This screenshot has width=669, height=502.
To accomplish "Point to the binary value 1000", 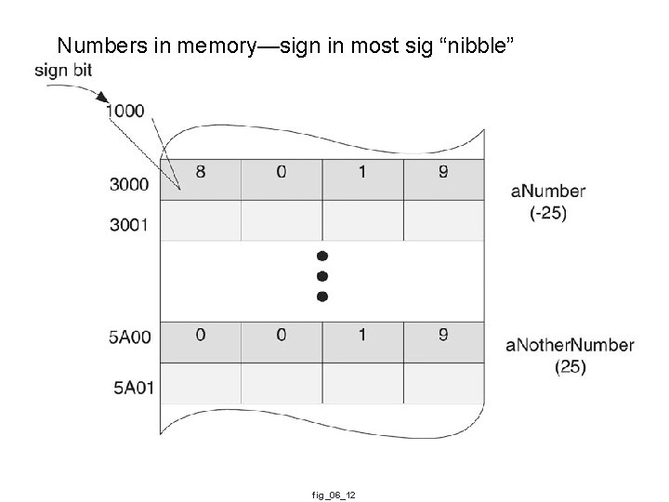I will click(x=125, y=111).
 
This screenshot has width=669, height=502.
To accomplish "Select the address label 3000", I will click(x=128, y=184).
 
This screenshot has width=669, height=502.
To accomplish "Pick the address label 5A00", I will click(x=128, y=338).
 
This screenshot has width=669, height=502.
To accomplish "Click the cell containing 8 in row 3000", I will click(x=200, y=172).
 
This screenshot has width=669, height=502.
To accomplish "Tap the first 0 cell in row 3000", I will click(x=282, y=172).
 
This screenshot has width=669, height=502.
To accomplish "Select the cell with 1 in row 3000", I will click(x=362, y=172).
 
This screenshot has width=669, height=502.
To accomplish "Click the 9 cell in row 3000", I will click(x=443, y=172).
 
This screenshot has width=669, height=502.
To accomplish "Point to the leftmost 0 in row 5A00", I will click(x=200, y=336).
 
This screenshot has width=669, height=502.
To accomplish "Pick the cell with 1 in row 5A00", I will click(x=362, y=336).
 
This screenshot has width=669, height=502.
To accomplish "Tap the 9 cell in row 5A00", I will click(x=443, y=336).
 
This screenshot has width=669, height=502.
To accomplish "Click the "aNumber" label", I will click(x=548, y=192).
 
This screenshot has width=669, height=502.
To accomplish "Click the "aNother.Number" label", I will click(x=570, y=346).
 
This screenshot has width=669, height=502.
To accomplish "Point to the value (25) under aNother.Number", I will click(x=570, y=367).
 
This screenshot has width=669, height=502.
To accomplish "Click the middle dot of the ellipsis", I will click(x=322, y=275).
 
